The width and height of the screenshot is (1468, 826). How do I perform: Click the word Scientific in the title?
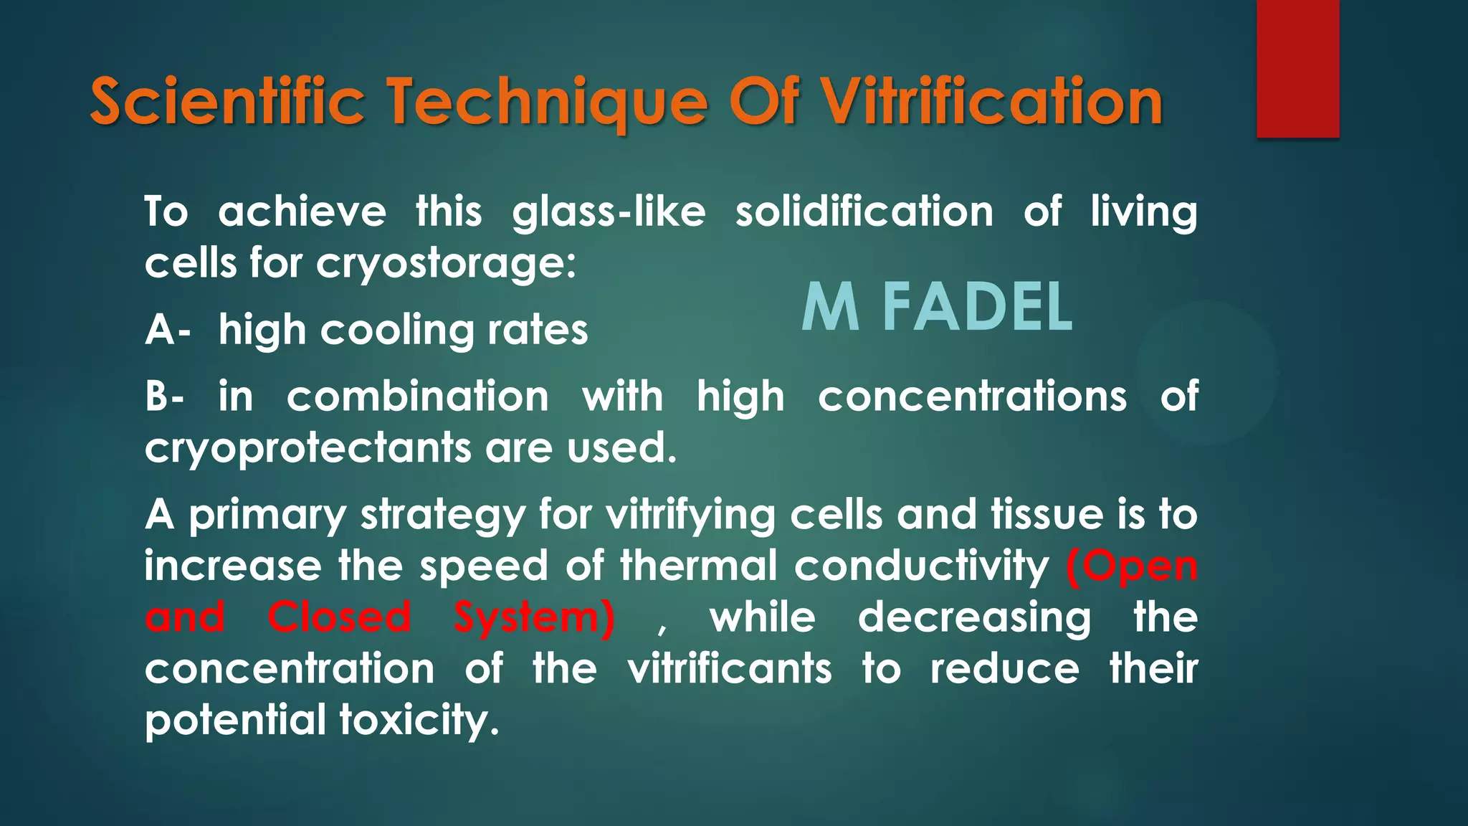click(x=227, y=103)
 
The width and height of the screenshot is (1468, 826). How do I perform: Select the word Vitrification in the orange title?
click(x=992, y=103)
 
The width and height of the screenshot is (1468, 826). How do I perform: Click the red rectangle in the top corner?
click(x=1297, y=69)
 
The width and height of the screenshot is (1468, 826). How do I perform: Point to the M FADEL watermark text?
click(x=937, y=308)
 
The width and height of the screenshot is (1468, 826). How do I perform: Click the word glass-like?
click(x=609, y=213)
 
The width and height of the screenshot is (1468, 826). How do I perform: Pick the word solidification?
click(x=864, y=212)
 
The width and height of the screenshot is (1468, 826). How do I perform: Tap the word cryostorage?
click(x=446, y=265)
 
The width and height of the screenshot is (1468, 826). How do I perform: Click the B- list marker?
click(x=165, y=397)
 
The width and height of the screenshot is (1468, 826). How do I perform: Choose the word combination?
click(x=418, y=397)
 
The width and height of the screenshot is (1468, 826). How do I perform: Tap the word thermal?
click(x=699, y=566)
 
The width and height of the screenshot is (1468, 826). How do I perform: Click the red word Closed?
click(x=339, y=617)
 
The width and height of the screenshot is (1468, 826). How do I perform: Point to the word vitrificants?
click(x=730, y=669)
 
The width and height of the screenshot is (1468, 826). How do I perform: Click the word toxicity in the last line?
click(x=419, y=721)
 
